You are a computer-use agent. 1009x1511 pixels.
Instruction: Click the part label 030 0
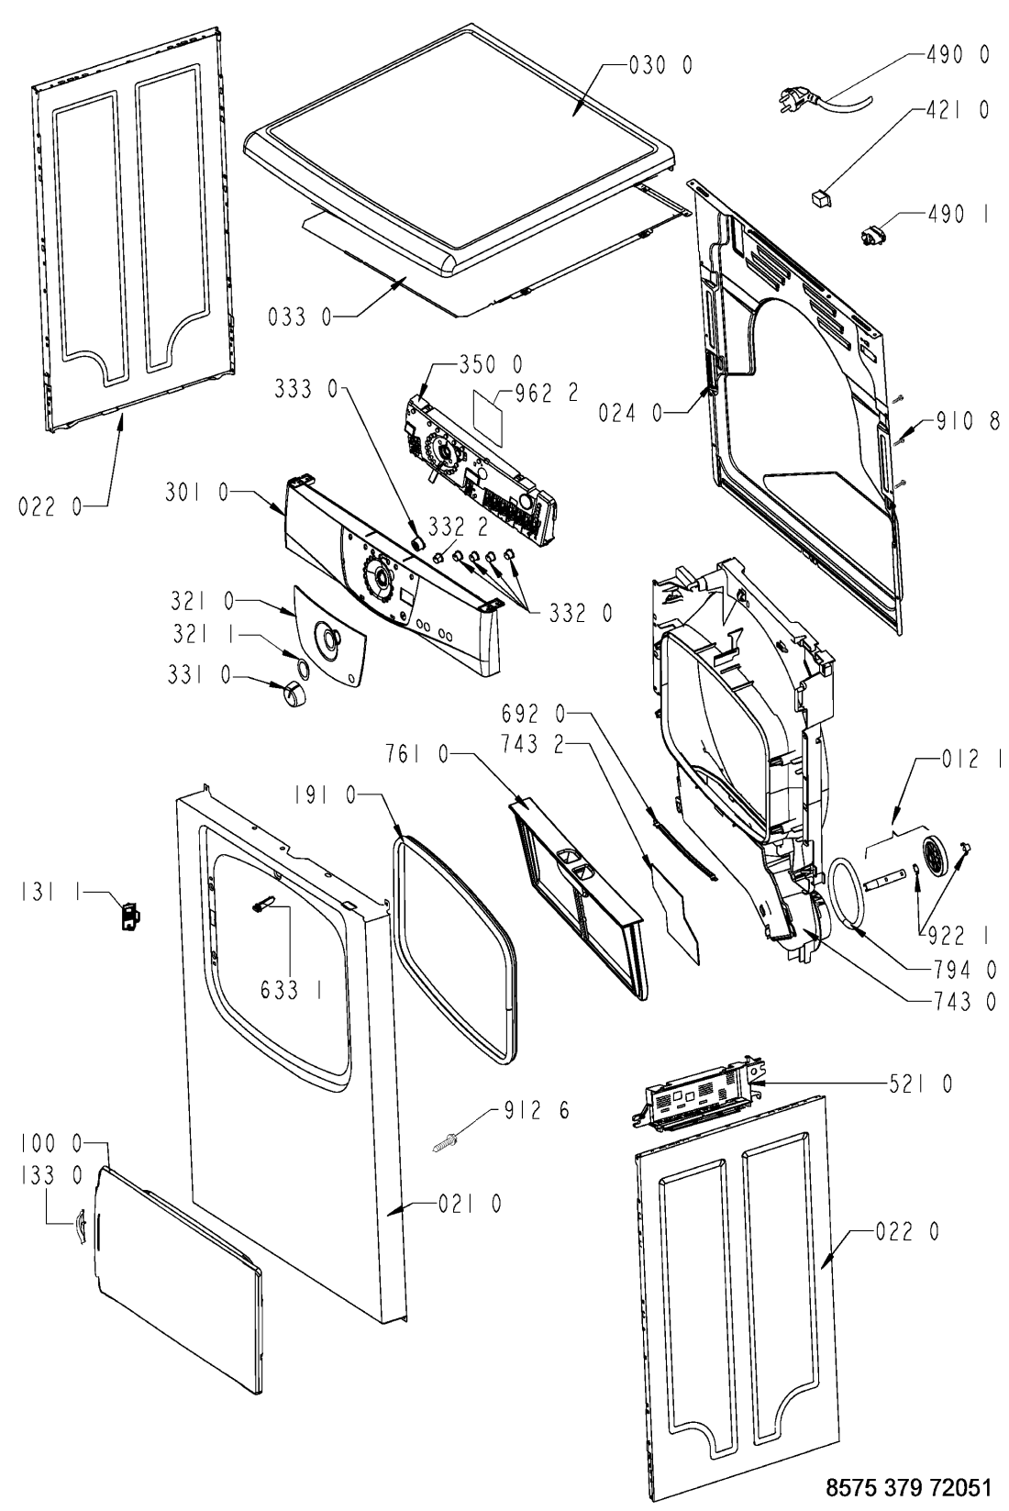coord(660,65)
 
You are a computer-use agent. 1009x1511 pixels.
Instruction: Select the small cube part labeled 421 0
coord(820,199)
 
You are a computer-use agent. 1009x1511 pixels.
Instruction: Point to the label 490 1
coord(959,215)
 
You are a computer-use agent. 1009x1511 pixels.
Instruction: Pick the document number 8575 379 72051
coord(909,1487)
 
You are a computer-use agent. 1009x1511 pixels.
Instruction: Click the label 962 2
coord(547,394)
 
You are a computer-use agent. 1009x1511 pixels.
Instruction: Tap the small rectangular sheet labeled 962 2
coord(489,417)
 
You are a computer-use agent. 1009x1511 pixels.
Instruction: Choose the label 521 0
coord(920,1084)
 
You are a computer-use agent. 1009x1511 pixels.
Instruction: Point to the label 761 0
coord(416,753)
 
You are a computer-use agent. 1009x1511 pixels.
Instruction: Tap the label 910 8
coord(968,422)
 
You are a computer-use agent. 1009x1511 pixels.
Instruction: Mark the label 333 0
coord(305,388)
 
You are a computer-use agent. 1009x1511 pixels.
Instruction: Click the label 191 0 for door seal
coord(325,796)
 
